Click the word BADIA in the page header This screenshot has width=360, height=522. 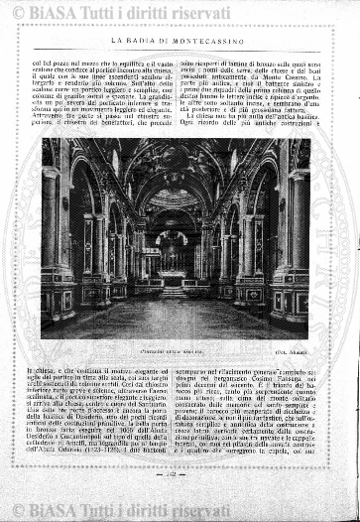tap(163, 39)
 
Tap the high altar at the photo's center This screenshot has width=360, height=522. tap(175, 262)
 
